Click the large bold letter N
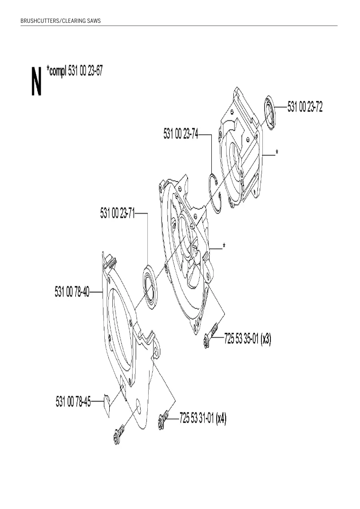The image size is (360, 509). tap(37, 81)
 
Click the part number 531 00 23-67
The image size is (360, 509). tap(86, 71)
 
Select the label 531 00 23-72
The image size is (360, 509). tap(305, 107)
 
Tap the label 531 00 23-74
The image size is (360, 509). tap(181, 133)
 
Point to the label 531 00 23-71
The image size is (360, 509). tap(117, 213)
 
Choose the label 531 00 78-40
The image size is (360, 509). tap(72, 291)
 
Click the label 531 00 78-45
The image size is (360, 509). tap(73, 402)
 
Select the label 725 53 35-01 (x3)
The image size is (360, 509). tap(247, 339)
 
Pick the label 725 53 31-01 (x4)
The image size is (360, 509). tap(203, 418)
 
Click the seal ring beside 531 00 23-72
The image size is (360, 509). tap(270, 113)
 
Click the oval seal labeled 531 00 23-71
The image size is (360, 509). tap(150, 287)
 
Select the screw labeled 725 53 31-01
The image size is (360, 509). tap(164, 419)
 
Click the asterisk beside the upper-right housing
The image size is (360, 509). tap(277, 152)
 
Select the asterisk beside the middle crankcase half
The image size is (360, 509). tap(224, 245)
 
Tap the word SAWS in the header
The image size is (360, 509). tap(94, 21)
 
